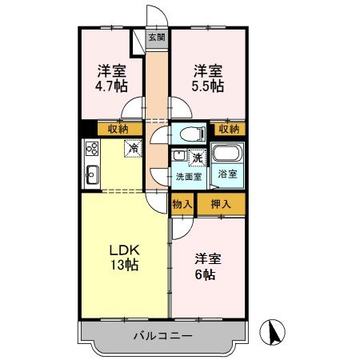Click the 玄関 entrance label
click(x=158, y=37)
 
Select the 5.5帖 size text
click(x=206, y=86)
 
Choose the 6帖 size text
click(x=206, y=274)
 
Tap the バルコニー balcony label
click(x=162, y=336)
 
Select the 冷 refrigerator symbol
click(x=134, y=148)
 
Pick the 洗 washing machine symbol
click(x=196, y=157)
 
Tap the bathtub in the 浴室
click(x=230, y=154)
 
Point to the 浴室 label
click(x=228, y=174)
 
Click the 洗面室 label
click(x=189, y=177)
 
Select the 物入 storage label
click(x=182, y=204)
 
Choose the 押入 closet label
click(x=221, y=204)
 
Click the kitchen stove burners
click(x=91, y=147)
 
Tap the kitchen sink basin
click(x=90, y=171)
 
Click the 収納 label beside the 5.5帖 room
click(x=228, y=128)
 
